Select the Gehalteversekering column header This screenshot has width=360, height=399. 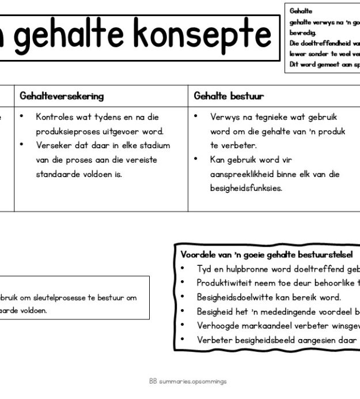[62, 96]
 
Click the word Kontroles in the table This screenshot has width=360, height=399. [55, 117]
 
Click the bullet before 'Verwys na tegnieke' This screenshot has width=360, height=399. [196, 117]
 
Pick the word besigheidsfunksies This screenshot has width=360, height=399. [246, 188]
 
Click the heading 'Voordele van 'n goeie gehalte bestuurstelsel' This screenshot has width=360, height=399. [266, 254]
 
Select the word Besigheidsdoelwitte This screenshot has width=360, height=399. [237, 298]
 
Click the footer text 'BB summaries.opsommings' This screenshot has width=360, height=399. [188, 382]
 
